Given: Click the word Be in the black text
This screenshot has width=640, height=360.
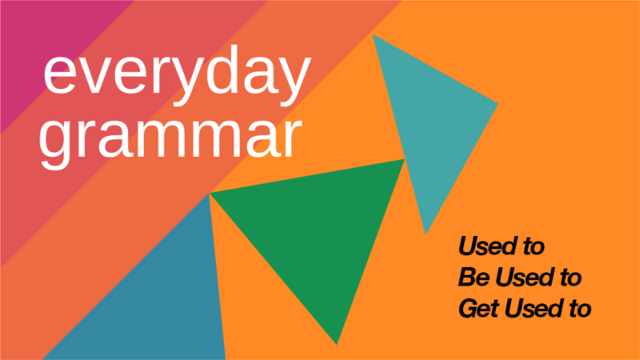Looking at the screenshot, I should coord(471,277).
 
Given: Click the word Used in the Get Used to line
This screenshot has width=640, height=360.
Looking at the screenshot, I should coord(530,308).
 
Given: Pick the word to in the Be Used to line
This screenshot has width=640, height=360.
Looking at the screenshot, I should coord(569,277).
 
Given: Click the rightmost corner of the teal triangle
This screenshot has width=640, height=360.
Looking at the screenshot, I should coord(497,104).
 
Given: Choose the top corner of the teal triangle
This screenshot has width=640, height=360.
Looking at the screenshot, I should coord(374,35).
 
